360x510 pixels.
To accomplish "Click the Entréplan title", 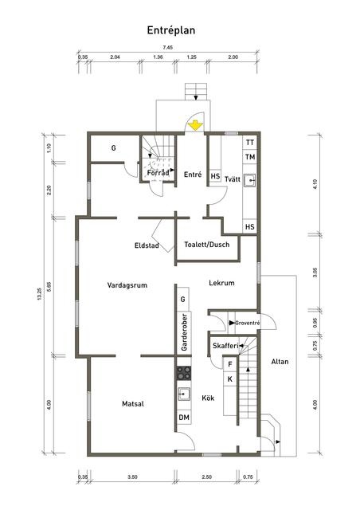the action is [x=171, y=30].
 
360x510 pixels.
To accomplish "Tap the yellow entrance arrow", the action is [x=195, y=126].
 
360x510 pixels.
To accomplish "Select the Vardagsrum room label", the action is [x=127, y=285].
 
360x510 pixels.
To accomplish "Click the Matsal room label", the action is [x=133, y=404].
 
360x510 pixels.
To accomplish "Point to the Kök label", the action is [x=208, y=398].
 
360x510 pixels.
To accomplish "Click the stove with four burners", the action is [x=184, y=373].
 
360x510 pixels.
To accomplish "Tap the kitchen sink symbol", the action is [x=184, y=394].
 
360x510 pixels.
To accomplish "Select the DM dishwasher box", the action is [x=184, y=418].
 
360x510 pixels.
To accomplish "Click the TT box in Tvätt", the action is [x=250, y=143].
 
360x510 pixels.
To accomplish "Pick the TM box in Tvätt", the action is [x=250, y=157].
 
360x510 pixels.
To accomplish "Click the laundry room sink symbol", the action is [x=250, y=179].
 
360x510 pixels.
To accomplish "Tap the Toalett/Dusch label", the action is [x=207, y=245].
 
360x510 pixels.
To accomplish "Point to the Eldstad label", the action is [x=147, y=245].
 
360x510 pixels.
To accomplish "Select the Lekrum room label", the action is [x=221, y=283].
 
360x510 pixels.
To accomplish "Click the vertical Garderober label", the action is [x=185, y=332].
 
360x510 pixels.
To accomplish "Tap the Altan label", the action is [x=280, y=362].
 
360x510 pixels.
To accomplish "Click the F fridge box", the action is [x=230, y=364].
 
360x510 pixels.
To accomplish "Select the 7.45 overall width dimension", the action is [x=168, y=48].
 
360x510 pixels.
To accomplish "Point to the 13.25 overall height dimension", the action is [x=39, y=294].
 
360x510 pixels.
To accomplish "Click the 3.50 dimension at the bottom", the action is [x=132, y=477].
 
